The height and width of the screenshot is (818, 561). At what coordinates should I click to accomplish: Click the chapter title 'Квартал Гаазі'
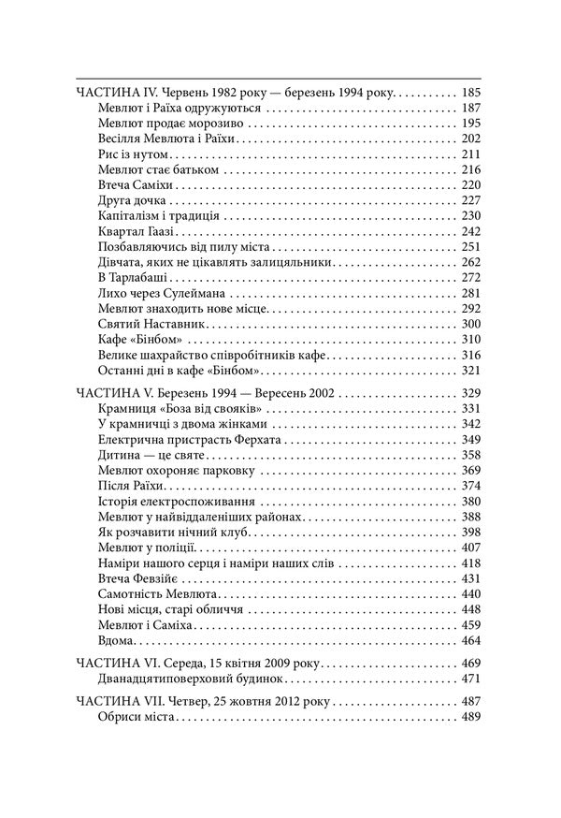pyautogui.click(x=137, y=230)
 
